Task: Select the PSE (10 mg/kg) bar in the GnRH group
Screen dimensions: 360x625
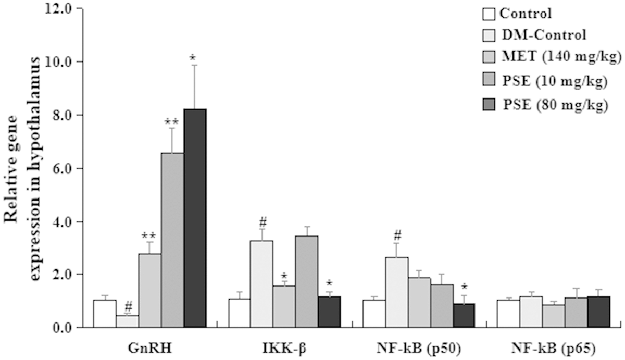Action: coord(172,240)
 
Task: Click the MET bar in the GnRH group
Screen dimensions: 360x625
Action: coord(149,290)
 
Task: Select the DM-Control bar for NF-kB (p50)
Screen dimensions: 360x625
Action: coord(396,292)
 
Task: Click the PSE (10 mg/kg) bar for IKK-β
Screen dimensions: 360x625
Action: coord(306,281)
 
